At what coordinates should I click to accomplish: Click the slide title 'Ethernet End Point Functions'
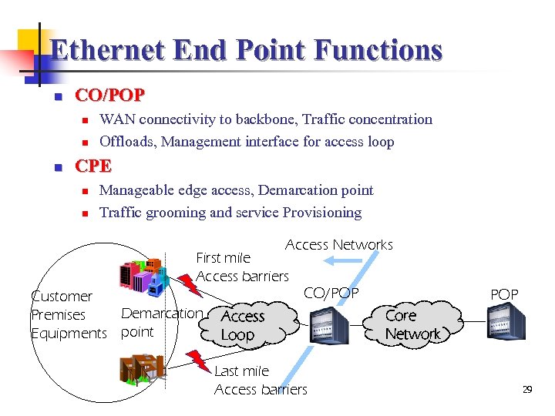246,51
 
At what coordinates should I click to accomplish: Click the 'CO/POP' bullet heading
109,96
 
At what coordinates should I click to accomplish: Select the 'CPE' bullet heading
92,166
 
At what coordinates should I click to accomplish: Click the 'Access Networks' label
338,245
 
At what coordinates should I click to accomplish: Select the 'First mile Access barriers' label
242,267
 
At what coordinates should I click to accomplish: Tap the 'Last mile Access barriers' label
260,380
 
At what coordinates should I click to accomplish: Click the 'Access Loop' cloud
243,325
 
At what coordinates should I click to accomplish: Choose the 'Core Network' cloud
412,324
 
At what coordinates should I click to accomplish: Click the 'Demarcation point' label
161,322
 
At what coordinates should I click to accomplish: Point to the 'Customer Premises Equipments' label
68,314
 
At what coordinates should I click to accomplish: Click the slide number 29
527,390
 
